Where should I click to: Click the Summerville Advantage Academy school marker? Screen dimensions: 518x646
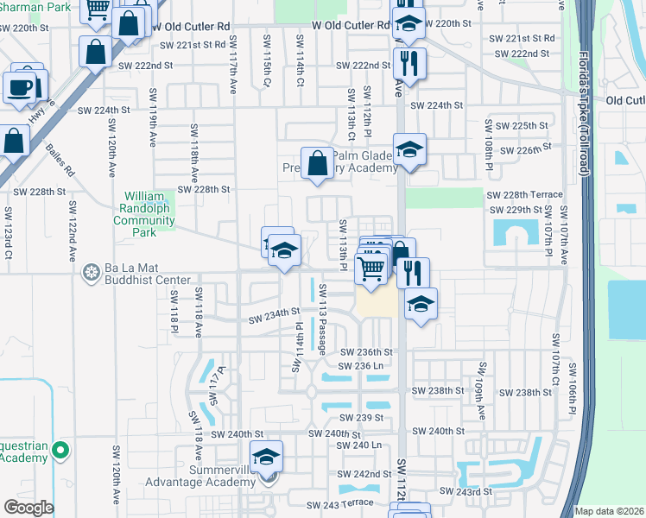point(267,458)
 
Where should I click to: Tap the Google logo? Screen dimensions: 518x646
point(28,508)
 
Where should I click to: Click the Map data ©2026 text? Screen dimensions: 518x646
point(609,511)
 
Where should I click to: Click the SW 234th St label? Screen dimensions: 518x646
point(274,316)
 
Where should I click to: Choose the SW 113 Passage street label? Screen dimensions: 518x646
point(321,319)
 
